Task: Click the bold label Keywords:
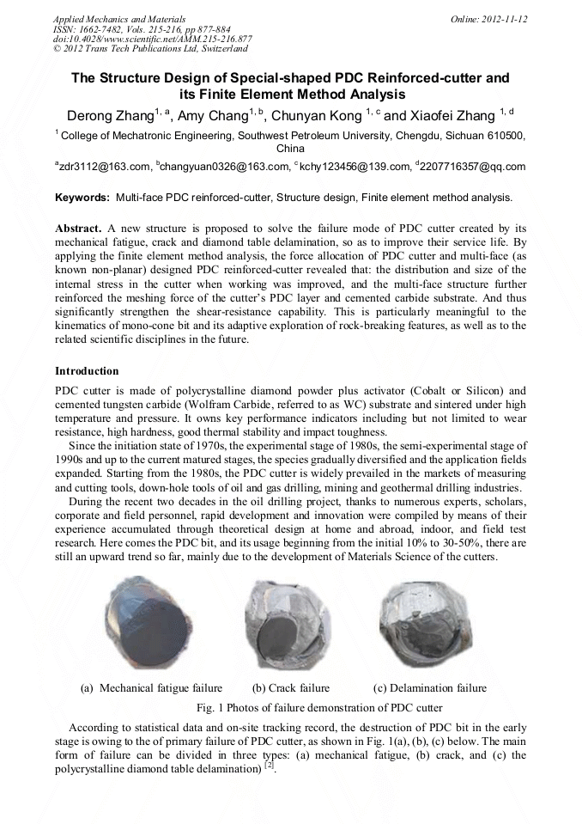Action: (x=83, y=198)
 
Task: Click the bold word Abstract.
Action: (x=79, y=229)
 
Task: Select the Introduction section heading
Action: (x=87, y=371)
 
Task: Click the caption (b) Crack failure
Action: (x=290, y=688)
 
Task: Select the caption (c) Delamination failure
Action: (x=429, y=688)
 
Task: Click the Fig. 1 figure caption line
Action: (x=320, y=707)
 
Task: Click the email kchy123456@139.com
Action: (x=353, y=167)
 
